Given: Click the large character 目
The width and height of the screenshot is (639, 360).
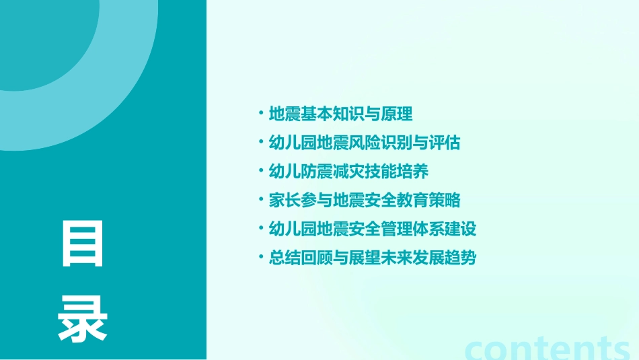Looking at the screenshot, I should [83, 244].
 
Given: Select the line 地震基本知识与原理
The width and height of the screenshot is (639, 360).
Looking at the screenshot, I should [340, 114].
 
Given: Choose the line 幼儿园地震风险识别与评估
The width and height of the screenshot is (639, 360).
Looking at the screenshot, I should [364, 143].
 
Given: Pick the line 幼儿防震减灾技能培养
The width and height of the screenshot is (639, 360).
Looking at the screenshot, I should [348, 171].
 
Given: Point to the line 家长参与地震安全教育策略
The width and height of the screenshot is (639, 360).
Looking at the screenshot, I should [364, 200].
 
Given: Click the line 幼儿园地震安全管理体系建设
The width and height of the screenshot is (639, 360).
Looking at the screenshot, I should [372, 229].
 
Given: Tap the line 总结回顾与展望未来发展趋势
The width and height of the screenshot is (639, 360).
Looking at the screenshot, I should [372, 258].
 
